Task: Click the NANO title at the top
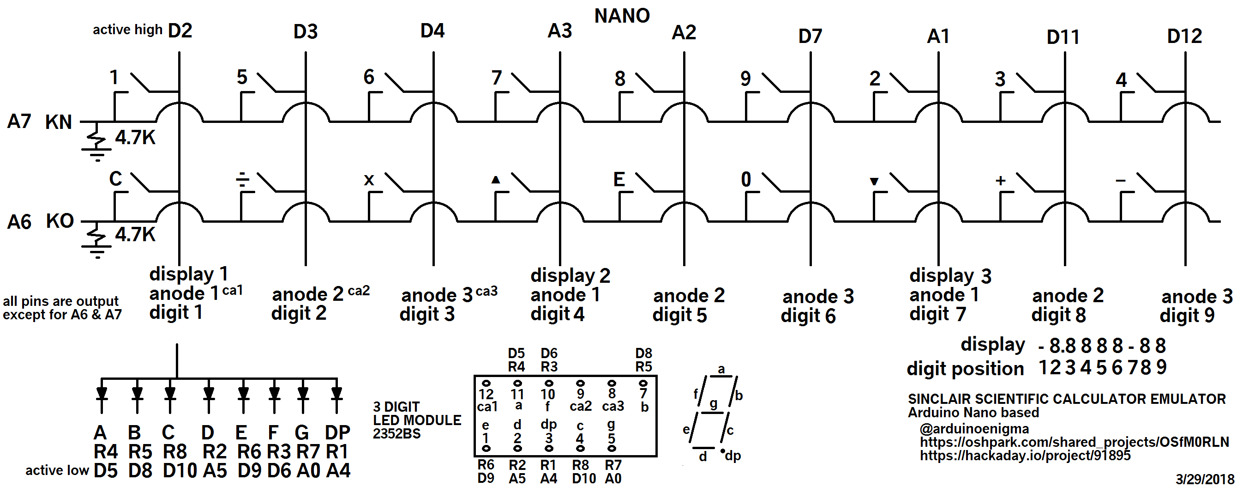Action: [622, 16]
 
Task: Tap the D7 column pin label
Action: [810, 36]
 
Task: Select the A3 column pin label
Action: [560, 31]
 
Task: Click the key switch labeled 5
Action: [266, 82]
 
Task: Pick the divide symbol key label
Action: [243, 180]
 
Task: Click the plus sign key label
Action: [1000, 181]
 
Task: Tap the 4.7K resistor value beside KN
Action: [135, 138]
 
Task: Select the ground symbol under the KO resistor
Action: [97, 251]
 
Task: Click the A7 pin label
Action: [19, 122]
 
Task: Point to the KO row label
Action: [60, 221]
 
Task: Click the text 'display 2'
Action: [570, 276]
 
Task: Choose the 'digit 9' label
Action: [1187, 316]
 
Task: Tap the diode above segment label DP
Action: [336, 394]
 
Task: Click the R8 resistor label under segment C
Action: [175, 452]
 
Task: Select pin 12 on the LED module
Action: [486, 384]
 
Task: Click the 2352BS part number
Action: [396, 434]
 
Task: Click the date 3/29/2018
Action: [1204, 479]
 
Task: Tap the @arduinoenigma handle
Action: [974, 428]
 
